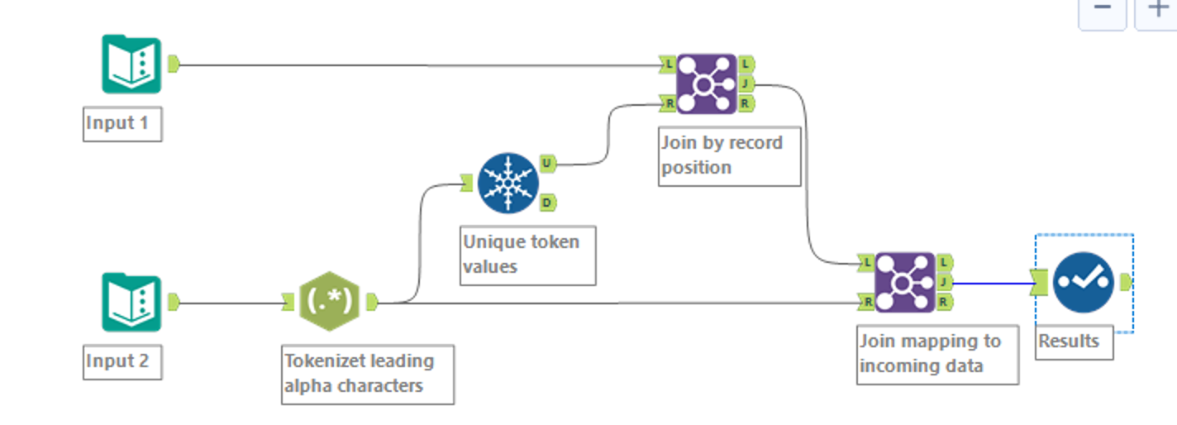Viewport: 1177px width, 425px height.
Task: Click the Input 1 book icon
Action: (131, 64)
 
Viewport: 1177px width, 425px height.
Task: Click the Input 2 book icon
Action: (131, 303)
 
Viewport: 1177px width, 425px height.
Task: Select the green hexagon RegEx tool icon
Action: (329, 303)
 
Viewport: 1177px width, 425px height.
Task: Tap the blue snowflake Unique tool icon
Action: (507, 183)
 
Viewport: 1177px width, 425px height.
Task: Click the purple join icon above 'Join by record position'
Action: (706, 84)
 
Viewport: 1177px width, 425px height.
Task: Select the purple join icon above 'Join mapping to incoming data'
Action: (904, 283)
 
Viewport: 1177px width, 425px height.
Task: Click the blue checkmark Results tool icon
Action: (1083, 283)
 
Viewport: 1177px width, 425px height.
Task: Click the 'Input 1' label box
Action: (122, 124)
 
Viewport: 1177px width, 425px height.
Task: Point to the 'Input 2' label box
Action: (122, 362)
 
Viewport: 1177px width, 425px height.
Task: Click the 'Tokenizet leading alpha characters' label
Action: (367, 374)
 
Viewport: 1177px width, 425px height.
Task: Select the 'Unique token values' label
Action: (527, 255)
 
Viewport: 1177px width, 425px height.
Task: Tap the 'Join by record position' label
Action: (728, 155)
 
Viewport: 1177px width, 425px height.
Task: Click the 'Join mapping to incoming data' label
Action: (936, 354)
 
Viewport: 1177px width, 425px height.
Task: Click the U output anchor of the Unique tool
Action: (547, 164)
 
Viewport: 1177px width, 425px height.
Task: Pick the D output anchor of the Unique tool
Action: (547, 202)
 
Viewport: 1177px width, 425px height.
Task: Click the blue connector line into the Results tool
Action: (992, 283)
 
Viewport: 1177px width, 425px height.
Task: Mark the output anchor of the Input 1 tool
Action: (174, 64)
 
